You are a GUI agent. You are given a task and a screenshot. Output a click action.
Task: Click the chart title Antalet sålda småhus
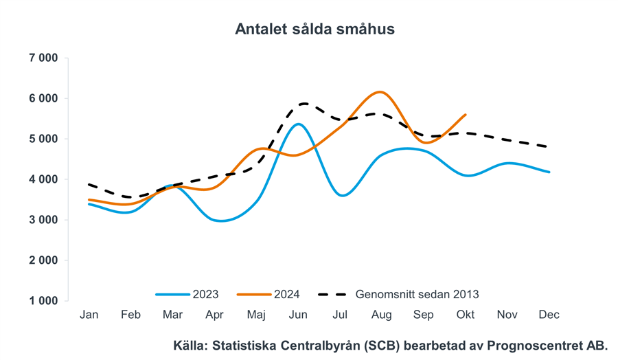click(314, 29)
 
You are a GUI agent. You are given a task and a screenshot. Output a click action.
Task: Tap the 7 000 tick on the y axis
click(43, 58)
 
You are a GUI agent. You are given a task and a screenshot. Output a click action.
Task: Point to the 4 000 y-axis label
click(43, 179)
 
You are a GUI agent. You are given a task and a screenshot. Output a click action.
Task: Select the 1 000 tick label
click(43, 301)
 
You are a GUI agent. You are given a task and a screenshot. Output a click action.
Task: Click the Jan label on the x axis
click(89, 315)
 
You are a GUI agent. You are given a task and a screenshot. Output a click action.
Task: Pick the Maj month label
click(256, 315)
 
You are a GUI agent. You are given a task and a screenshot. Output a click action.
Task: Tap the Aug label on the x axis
click(381, 315)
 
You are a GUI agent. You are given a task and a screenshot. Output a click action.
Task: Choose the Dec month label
click(549, 315)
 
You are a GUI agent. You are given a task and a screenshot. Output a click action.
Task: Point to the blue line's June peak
click(297, 124)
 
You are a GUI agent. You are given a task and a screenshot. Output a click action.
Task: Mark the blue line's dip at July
click(341, 195)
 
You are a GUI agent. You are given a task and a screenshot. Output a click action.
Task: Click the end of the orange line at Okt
click(466, 115)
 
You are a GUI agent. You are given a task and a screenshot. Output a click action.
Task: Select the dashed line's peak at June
click(301, 104)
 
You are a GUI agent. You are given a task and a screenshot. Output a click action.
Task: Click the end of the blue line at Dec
click(549, 172)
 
